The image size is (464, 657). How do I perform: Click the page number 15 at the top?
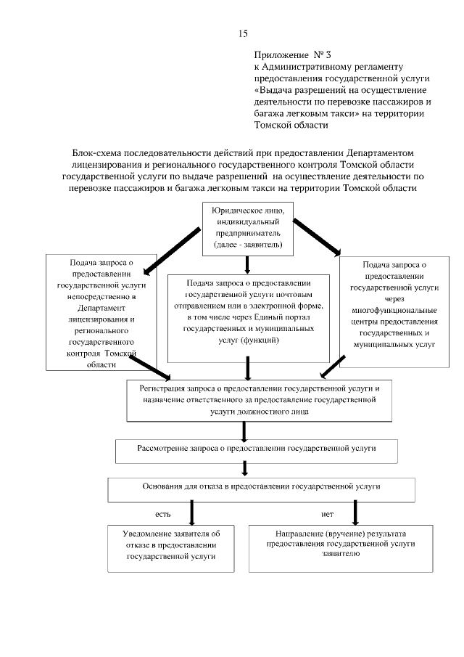click(x=243, y=33)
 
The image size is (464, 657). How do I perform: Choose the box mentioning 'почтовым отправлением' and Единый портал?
click(x=249, y=318)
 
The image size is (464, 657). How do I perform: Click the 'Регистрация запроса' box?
click(x=260, y=399)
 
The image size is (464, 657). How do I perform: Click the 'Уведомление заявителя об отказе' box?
click(x=171, y=547)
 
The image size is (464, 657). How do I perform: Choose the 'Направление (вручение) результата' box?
click(x=340, y=547)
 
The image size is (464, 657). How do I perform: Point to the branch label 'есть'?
click(x=162, y=514)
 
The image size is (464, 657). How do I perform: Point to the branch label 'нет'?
click(x=327, y=514)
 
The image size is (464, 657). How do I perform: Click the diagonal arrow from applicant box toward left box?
click(x=171, y=250)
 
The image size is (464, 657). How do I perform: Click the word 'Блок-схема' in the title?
click(x=99, y=153)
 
